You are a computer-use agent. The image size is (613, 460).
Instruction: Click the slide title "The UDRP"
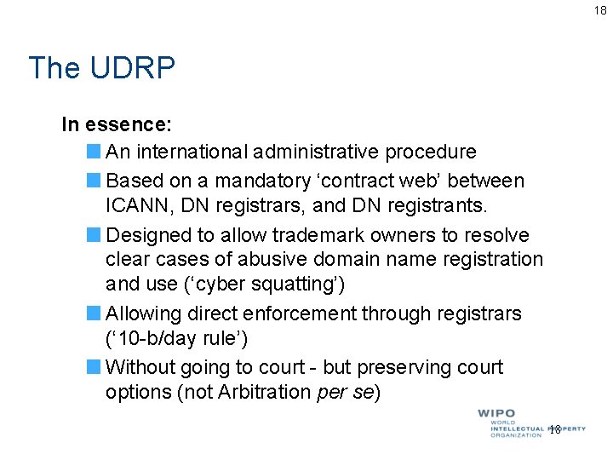101,68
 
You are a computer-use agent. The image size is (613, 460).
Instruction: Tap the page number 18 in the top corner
600,9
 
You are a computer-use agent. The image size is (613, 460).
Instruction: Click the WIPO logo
528,423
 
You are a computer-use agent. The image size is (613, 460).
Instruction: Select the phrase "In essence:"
117,125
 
